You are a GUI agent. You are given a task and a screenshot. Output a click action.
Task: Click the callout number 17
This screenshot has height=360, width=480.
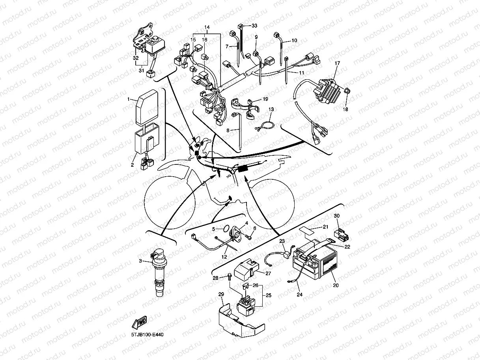[x=337, y=63]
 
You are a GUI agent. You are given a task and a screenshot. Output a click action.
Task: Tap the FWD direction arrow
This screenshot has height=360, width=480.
[x=140, y=323]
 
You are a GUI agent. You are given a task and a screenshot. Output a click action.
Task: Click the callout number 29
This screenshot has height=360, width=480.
[x=221, y=294]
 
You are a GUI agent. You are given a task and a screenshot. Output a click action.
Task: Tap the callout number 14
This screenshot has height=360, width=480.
[x=207, y=27]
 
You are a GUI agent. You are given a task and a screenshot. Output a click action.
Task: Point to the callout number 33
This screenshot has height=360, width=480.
[x=254, y=26]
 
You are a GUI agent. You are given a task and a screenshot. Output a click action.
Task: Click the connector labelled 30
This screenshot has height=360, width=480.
[x=340, y=236]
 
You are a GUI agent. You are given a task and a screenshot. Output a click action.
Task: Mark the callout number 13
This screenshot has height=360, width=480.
[x=271, y=109]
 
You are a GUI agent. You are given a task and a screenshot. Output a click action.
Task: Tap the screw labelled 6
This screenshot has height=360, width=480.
[x=248, y=237]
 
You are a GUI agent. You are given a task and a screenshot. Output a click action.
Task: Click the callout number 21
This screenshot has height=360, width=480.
[x=325, y=227]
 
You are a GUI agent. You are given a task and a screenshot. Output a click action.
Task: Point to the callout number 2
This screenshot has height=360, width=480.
[x=133, y=165]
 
